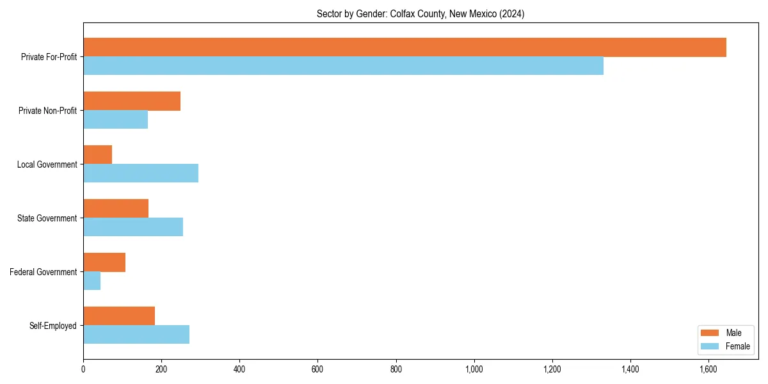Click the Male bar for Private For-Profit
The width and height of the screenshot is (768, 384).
click(x=404, y=47)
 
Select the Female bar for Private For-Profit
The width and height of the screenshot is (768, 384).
click(x=343, y=66)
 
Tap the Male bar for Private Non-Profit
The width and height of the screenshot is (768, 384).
click(x=132, y=101)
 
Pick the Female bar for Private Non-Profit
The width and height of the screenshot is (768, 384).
click(x=115, y=120)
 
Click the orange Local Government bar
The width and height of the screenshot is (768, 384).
click(x=97, y=155)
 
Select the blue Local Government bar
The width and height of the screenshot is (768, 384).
click(x=141, y=173)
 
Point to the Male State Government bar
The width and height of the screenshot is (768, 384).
click(x=116, y=209)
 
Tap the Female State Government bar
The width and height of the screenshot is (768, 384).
click(x=133, y=227)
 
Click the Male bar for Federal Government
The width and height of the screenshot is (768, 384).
click(x=104, y=262)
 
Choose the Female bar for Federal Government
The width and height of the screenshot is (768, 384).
click(x=92, y=281)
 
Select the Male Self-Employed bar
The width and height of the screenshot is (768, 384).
click(x=119, y=316)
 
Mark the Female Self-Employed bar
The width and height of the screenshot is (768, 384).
click(x=136, y=335)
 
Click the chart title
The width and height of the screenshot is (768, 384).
click(x=420, y=14)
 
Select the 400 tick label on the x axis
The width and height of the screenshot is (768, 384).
click(x=239, y=369)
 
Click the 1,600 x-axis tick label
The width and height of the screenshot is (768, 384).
click(x=708, y=369)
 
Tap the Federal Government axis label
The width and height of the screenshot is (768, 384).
click(x=44, y=272)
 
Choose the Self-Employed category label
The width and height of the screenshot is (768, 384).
click(x=53, y=326)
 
